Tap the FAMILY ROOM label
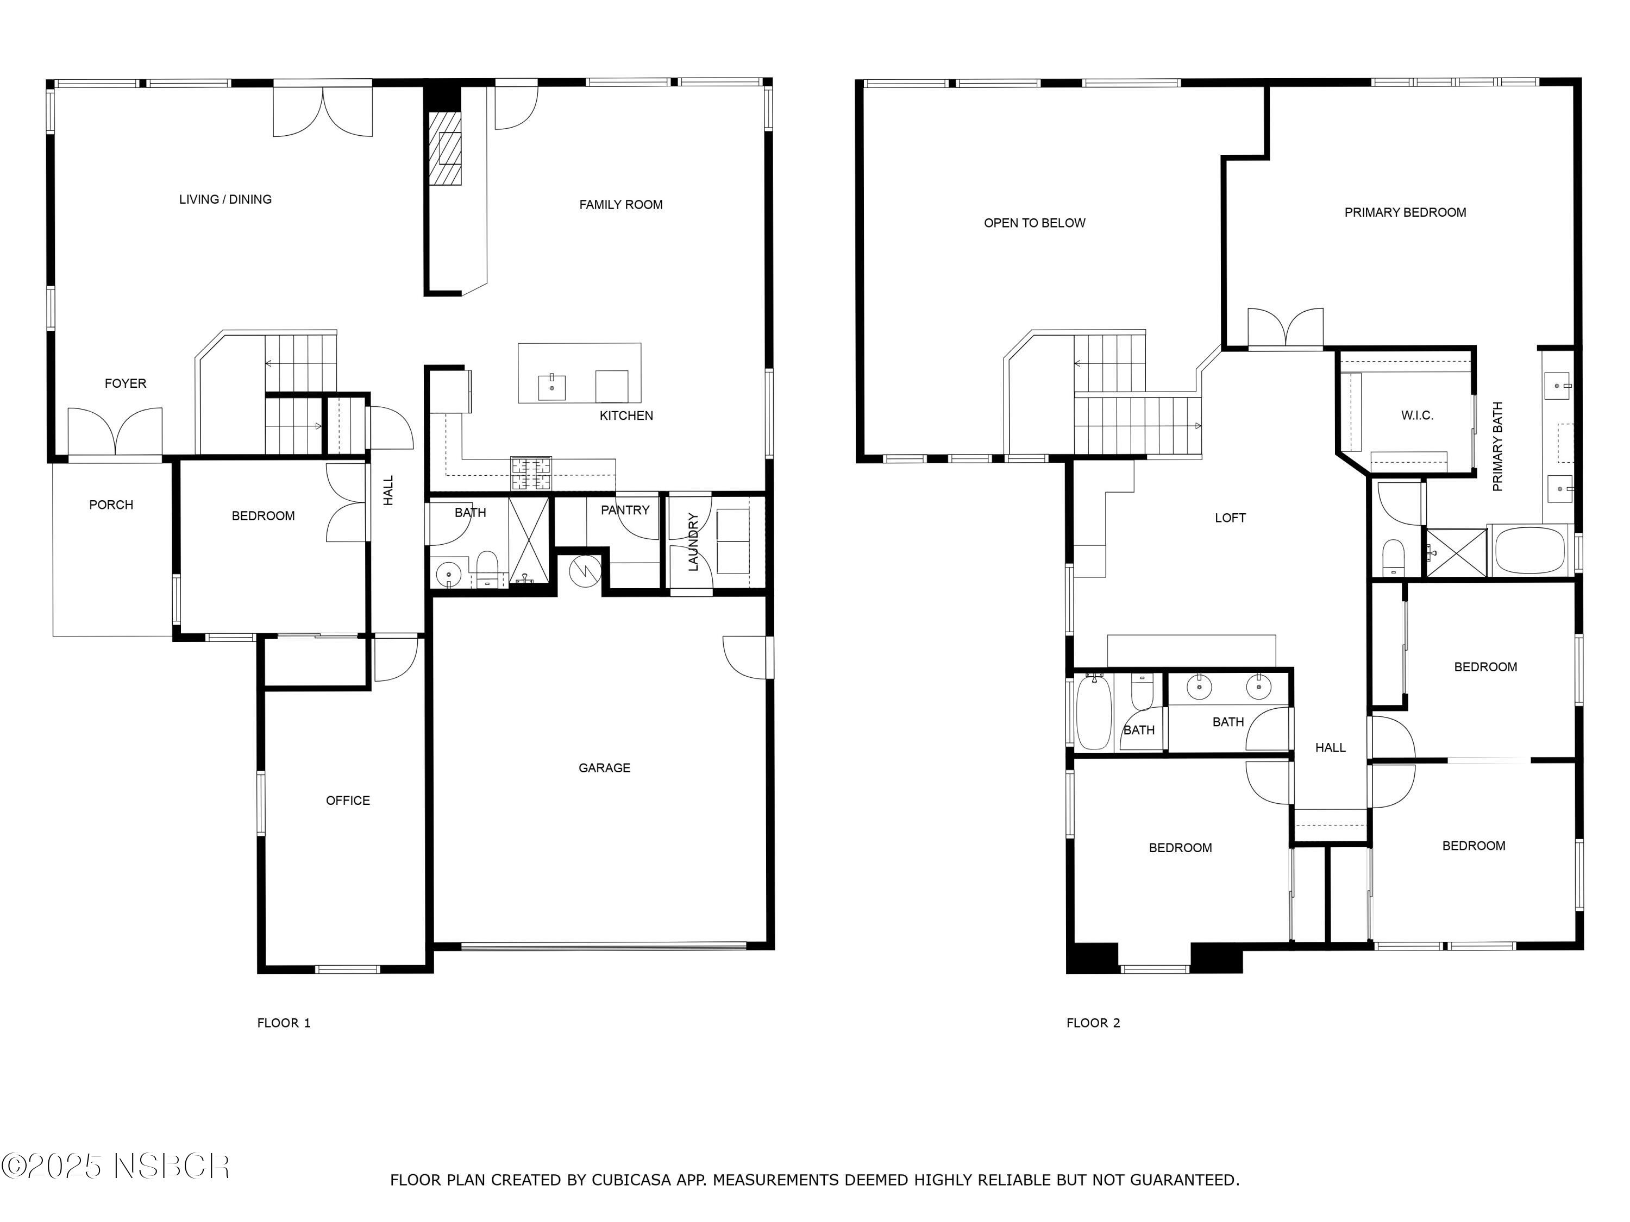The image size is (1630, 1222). [620, 205]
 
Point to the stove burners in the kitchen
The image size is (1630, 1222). [530, 474]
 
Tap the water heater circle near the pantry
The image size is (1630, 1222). [586, 571]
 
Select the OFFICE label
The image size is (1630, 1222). [348, 801]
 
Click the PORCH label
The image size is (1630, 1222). [111, 505]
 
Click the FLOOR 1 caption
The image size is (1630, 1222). [284, 1023]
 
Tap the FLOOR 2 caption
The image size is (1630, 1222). [1093, 1023]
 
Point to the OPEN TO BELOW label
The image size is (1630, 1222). [1035, 223]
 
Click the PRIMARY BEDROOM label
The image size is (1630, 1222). [1405, 213]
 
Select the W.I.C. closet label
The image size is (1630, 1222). [1417, 416]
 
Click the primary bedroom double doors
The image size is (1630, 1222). [1285, 329]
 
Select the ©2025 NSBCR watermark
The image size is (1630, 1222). [116, 1167]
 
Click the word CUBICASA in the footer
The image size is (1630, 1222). [631, 1181]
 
